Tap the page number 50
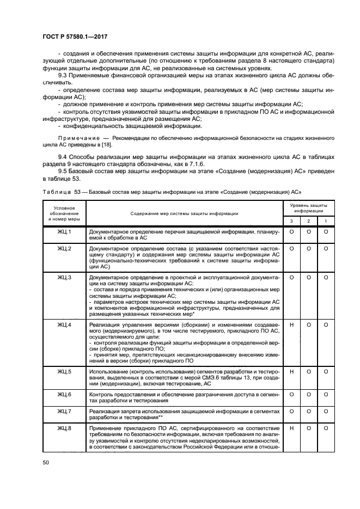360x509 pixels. (46, 462)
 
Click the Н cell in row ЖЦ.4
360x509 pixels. (292, 325)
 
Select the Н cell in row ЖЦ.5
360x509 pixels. (292, 371)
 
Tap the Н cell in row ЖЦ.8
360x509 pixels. (292, 429)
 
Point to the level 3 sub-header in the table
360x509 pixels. (292, 220)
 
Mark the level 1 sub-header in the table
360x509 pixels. (325, 220)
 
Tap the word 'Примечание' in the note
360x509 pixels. (77, 139)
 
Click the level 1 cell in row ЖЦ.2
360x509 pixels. (325, 249)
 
